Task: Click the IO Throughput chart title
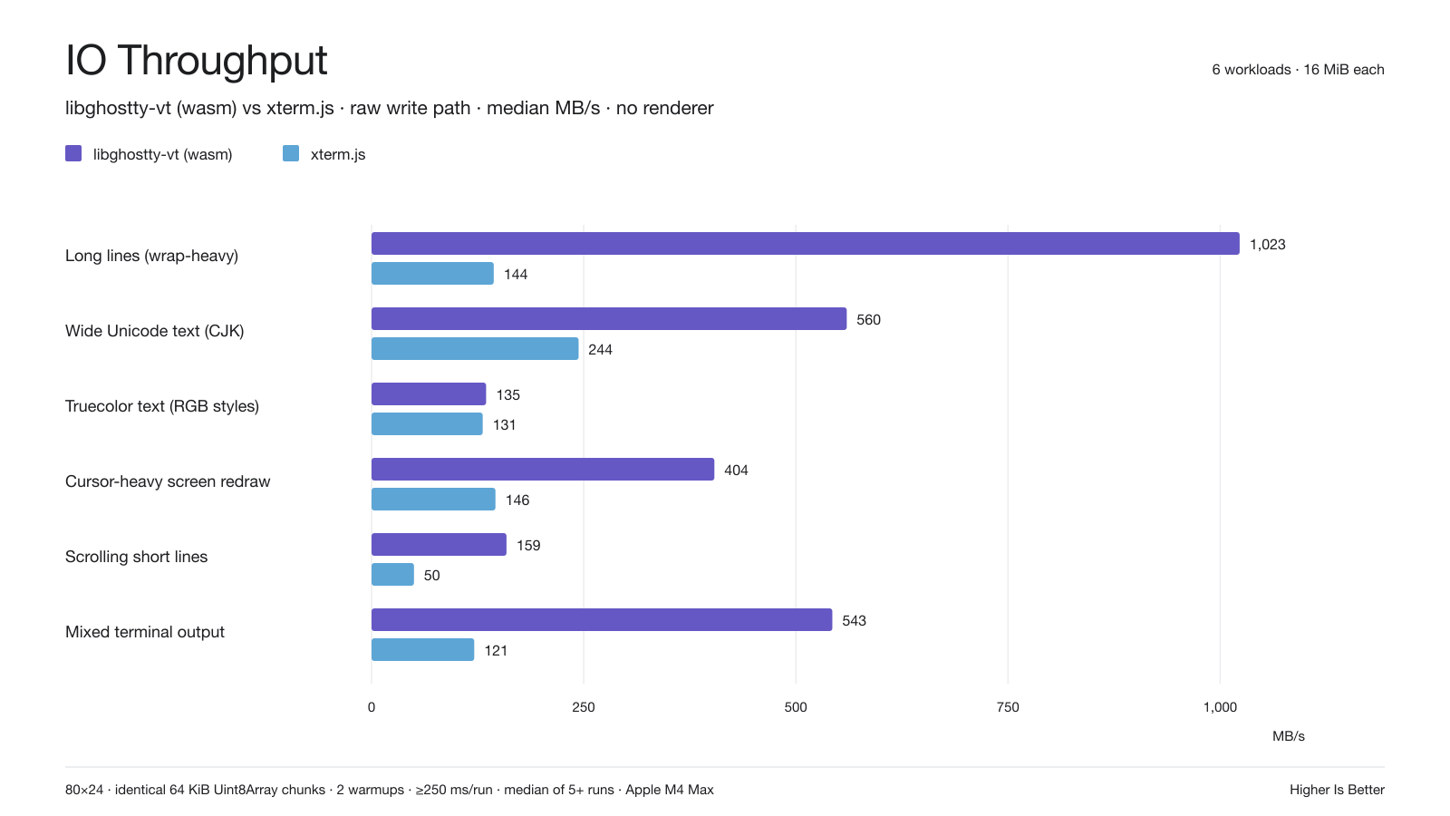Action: [196, 60]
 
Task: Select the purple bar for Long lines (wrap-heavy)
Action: [806, 244]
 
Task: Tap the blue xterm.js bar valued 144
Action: [432, 273]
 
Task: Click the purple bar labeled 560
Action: [609, 318]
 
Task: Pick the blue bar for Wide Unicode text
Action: [475, 348]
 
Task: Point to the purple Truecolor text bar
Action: [429, 393]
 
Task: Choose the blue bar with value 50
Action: [393, 575]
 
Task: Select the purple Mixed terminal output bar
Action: [602, 620]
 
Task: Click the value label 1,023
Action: [1268, 244]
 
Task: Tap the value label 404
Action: [736, 471]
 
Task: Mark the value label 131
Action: [504, 425]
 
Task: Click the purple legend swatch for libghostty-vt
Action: [73, 153]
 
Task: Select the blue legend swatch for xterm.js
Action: [291, 153]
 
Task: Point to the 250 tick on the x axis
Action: [584, 707]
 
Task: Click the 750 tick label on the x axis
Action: [1008, 707]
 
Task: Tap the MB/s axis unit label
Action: [1288, 736]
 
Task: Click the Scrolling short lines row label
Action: [137, 557]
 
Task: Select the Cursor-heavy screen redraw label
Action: [168, 481]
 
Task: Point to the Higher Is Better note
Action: [1337, 790]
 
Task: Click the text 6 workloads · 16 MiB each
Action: [1298, 69]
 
